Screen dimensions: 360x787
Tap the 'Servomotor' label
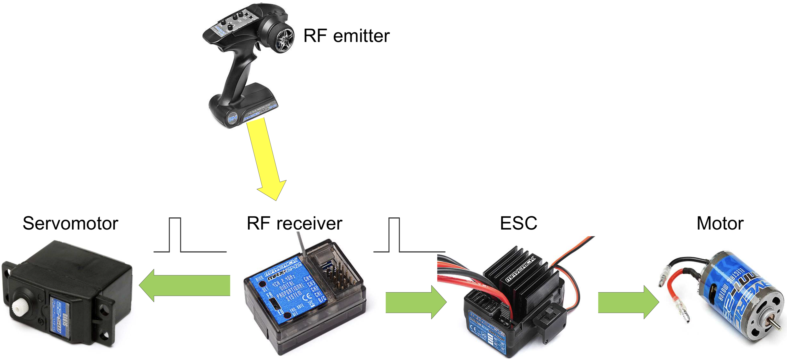click(70, 223)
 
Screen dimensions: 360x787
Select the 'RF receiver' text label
click(294, 223)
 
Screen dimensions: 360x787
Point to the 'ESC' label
click(518, 223)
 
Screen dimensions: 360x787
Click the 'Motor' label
click(720, 223)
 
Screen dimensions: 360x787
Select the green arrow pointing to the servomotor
click(185, 286)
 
